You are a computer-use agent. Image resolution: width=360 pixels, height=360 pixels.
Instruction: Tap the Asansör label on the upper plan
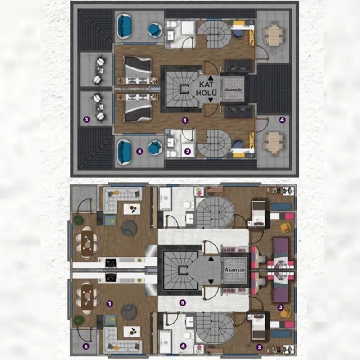[233, 90]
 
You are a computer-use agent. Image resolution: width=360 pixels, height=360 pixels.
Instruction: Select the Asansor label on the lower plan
[235, 270]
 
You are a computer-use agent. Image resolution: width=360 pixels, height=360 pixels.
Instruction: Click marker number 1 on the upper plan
[185, 120]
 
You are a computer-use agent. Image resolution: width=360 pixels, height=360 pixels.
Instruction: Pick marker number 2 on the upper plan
[187, 152]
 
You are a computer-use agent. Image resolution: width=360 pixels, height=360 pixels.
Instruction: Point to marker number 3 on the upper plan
[86, 119]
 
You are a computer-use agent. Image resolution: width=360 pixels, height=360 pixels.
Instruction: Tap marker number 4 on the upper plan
[282, 120]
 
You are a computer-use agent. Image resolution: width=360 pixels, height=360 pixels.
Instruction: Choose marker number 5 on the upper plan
[139, 152]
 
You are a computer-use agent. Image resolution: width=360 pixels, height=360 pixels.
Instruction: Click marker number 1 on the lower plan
[110, 303]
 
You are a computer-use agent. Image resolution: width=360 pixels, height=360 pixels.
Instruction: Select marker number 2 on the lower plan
[260, 347]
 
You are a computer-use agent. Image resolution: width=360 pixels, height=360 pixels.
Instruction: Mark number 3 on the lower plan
[280, 307]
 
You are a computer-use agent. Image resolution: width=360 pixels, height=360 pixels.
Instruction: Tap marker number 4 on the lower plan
[183, 346]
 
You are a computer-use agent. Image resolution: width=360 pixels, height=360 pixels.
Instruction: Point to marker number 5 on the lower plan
[183, 303]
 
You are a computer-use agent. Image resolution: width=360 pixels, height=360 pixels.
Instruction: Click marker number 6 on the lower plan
[86, 346]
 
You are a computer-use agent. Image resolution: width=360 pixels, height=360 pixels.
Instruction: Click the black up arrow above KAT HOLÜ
[211, 78]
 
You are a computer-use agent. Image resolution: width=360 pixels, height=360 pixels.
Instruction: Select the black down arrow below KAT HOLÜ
[211, 100]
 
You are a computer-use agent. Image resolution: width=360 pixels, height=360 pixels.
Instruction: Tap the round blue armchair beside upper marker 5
[155, 148]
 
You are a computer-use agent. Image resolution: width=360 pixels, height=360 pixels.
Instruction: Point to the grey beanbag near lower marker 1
[129, 312]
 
